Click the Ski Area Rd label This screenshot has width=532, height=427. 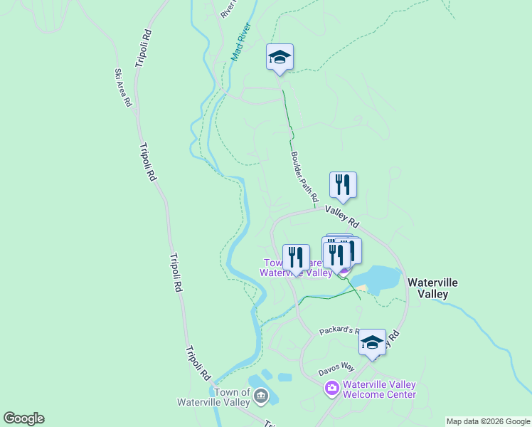[x=123, y=88]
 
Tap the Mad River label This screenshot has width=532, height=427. [x=242, y=42]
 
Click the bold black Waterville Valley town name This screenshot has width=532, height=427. [x=432, y=288]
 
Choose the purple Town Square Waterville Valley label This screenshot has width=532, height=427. [x=296, y=268]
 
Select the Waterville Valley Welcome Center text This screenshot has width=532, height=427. [x=378, y=389]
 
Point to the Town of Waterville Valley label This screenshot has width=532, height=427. [x=233, y=397]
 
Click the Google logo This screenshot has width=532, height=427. [x=23, y=418]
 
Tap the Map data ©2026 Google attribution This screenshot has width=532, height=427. [x=488, y=421]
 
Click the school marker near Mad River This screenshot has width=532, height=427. [x=280, y=57]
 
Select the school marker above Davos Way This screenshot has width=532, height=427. [x=372, y=342]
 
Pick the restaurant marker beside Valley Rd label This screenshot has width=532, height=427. [x=343, y=185]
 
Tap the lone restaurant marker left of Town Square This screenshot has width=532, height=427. [x=296, y=257]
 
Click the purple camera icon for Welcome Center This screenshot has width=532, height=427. [x=331, y=389]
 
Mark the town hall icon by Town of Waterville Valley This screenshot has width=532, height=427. [x=261, y=396]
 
